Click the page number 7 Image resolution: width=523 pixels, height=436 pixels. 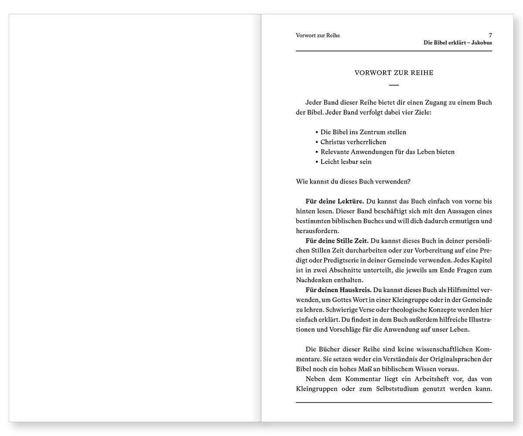pos(490,35)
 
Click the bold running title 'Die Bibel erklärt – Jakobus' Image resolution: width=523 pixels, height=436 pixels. pos(458,43)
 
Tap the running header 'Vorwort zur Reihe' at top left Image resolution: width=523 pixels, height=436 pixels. pos(318,35)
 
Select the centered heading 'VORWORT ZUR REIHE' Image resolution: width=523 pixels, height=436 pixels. pos(394,73)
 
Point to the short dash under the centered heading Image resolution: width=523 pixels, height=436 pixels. pos(394,85)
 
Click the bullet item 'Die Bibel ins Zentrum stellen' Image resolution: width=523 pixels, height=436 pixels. pos(363,132)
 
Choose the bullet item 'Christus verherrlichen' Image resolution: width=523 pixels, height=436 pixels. pos(353,142)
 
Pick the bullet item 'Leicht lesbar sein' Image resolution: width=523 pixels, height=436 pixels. pos(346,162)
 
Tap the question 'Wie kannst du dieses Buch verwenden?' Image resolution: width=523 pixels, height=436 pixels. pos(353,181)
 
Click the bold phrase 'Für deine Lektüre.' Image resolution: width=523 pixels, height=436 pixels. pos(335,201)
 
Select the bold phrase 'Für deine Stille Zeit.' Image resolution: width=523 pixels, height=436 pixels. pos(337,241)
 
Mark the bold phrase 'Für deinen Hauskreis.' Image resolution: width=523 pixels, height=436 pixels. pos(338,290)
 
